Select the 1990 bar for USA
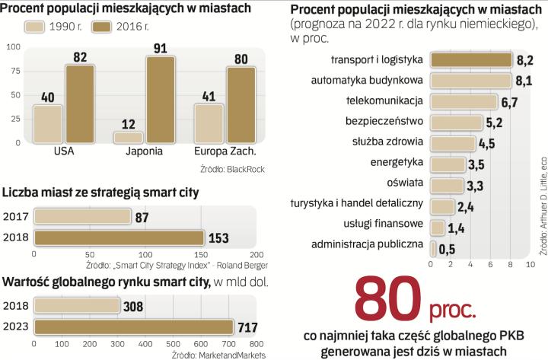tap(48, 124)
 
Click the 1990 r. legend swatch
tap(37, 27)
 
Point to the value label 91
tap(160, 47)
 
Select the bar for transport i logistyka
tap(471, 59)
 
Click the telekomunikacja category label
tap(384, 101)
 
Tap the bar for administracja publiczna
tap(433, 248)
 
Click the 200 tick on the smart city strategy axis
tap(256, 254)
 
